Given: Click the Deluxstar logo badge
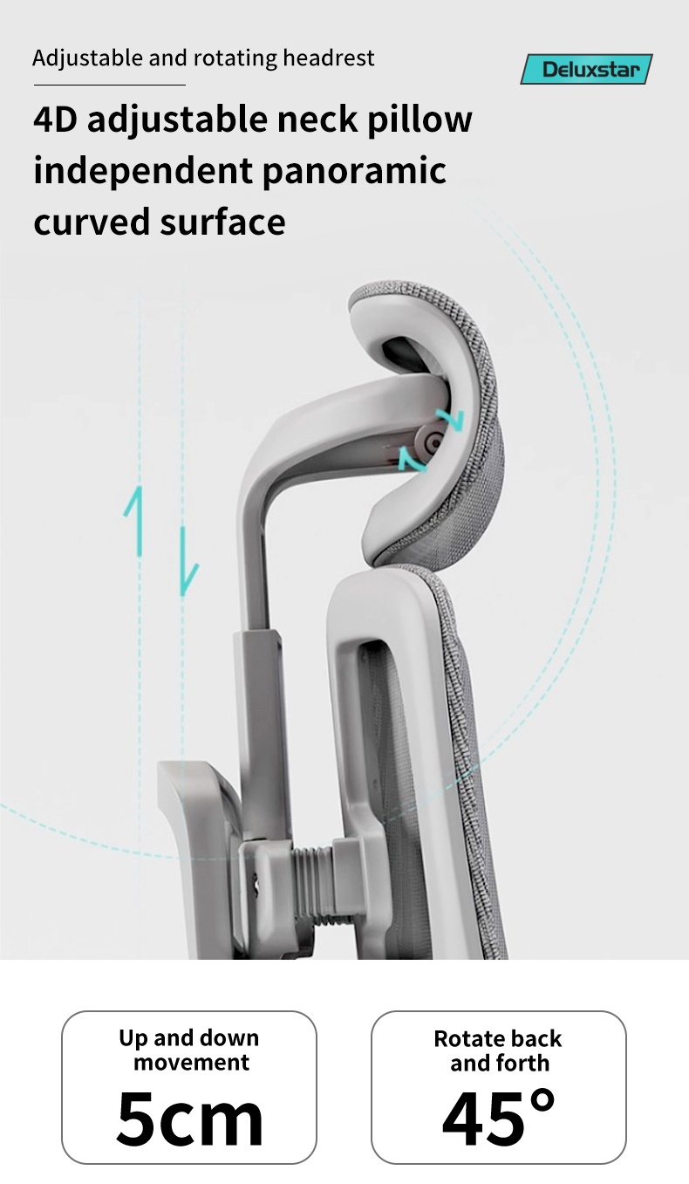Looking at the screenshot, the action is [x=586, y=69].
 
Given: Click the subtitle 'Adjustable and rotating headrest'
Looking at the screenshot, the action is [x=203, y=58].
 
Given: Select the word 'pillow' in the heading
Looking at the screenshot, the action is [x=419, y=120].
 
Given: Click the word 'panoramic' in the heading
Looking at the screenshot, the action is [x=354, y=172].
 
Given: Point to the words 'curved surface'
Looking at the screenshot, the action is [x=160, y=222].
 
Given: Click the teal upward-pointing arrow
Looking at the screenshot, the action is [x=134, y=521].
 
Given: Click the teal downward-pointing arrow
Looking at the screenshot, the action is [x=188, y=561].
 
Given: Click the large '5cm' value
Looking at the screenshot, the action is [x=189, y=1118].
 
